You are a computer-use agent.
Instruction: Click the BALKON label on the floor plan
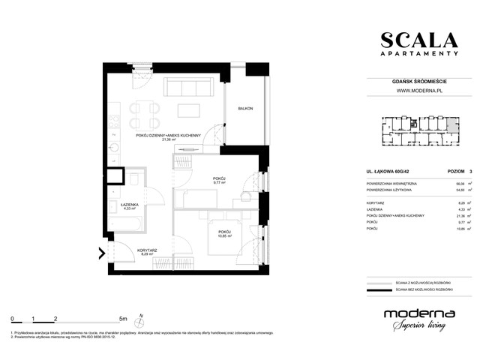pyautogui.click(x=245, y=109)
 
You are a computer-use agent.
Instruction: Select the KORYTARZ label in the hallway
pyautogui.click(x=146, y=250)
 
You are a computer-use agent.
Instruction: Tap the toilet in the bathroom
pyautogui.click(x=132, y=180)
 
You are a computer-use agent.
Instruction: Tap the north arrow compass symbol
pyautogui.click(x=139, y=320)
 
